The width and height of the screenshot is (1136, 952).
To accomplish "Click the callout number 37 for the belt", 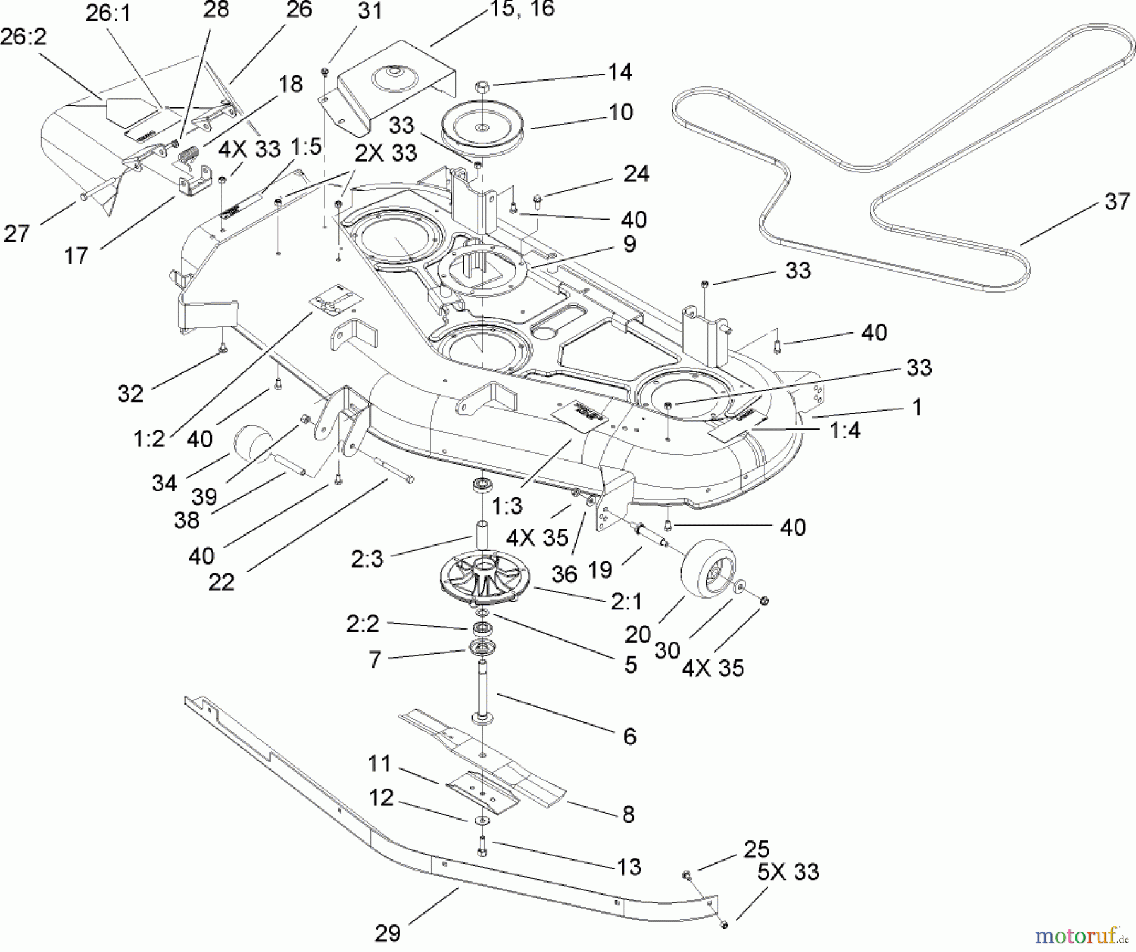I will click(x=1116, y=202).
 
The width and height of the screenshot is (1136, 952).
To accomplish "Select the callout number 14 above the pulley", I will click(x=620, y=72).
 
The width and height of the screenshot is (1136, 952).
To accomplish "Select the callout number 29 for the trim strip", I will click(x=387, y=932).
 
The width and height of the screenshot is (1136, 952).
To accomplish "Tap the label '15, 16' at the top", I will click(x=522, y=9).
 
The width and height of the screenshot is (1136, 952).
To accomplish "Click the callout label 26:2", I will click(x=23, y=37).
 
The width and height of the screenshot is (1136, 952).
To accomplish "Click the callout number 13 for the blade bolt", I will click(x=629, y=867).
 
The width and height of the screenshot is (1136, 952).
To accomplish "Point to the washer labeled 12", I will click(x=483, y=821).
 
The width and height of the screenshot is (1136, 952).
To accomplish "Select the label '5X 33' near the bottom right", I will click(x=788, y=872).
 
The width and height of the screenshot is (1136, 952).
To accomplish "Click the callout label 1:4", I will click(x=844, y=431).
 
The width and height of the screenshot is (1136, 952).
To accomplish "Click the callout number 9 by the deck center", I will click(x=629, y=245).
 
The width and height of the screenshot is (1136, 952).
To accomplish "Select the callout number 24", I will click(x=636, y=174).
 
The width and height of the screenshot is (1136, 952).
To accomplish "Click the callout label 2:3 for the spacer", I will click(x=367, y=558).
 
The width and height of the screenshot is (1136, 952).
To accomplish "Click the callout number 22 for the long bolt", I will click(x=221, y=582).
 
